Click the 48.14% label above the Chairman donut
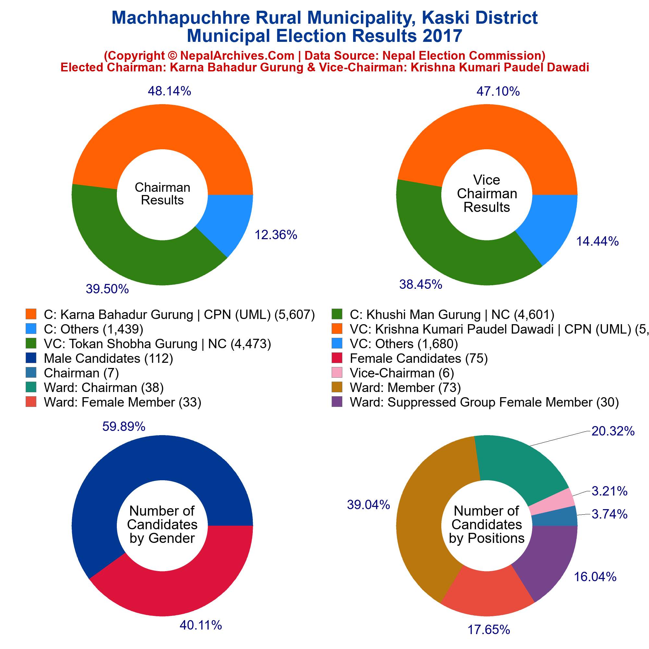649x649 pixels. (169, 91)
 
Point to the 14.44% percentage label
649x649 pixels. (597, 241)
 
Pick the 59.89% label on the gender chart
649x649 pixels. (124, 427)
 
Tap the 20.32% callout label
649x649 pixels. (613, 431)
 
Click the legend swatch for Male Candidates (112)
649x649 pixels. (31, 359)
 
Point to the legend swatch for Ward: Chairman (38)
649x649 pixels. (31, 388)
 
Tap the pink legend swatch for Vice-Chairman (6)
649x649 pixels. (337, 373)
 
